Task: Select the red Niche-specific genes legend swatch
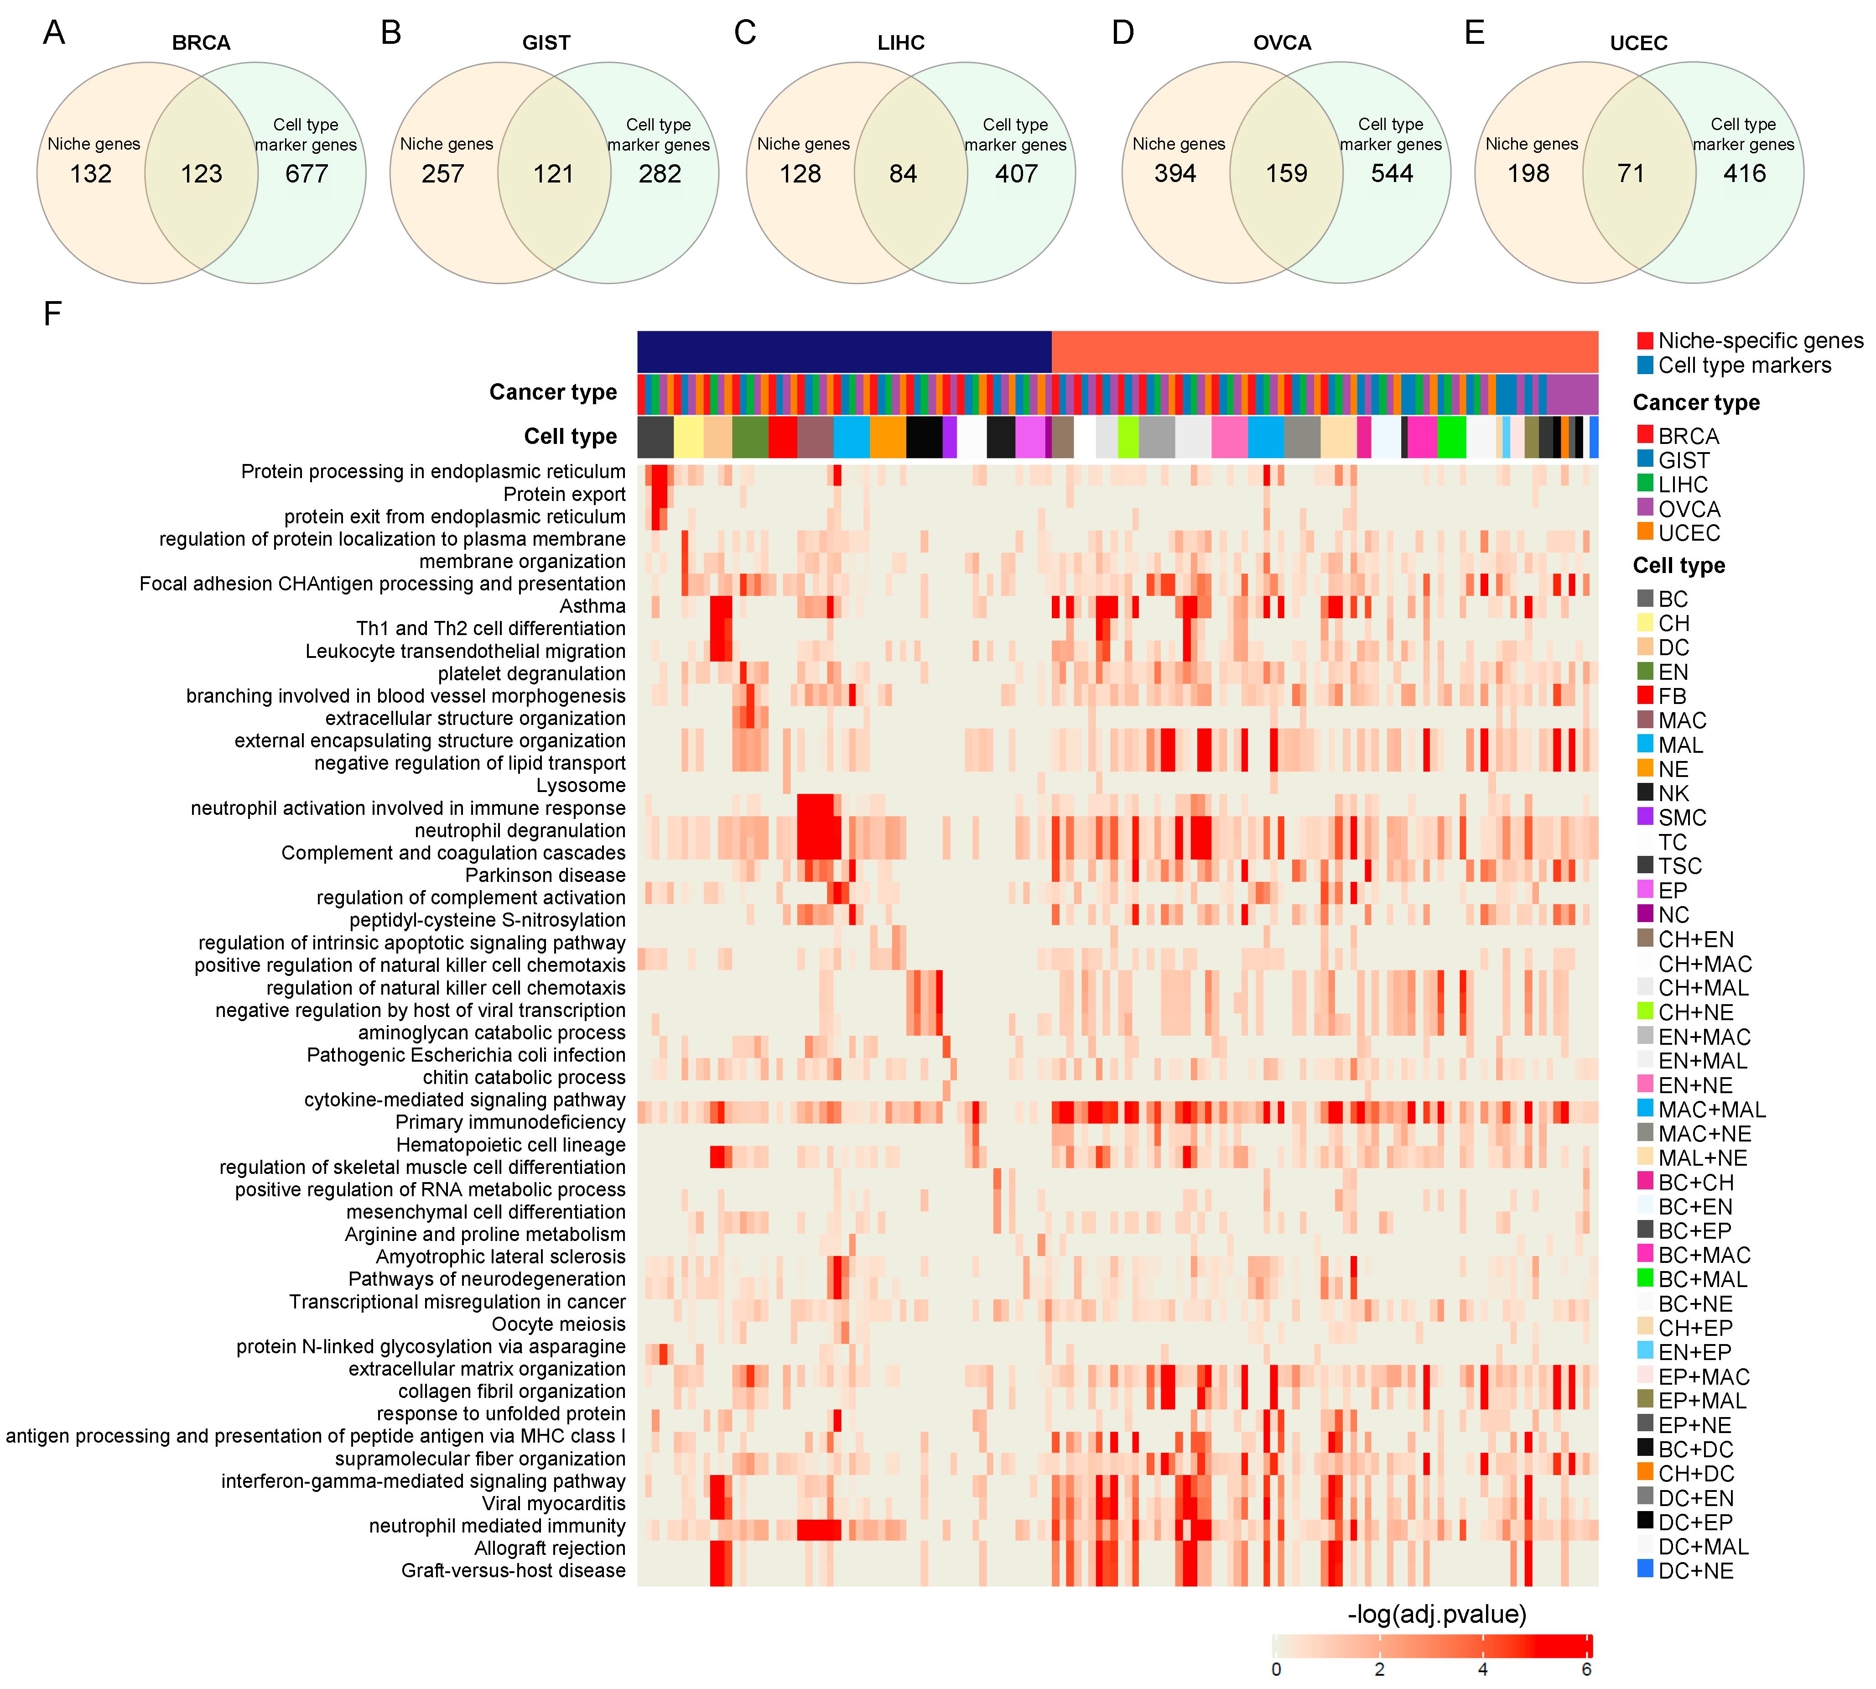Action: click(x=1645, y=341)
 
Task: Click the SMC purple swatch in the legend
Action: click(x=1645, y=817)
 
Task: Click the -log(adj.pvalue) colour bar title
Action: click(x=1436, y=1615)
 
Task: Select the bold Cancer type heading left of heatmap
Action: click(x=553, y=392)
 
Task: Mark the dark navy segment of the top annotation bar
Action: click(x=844, y=352)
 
